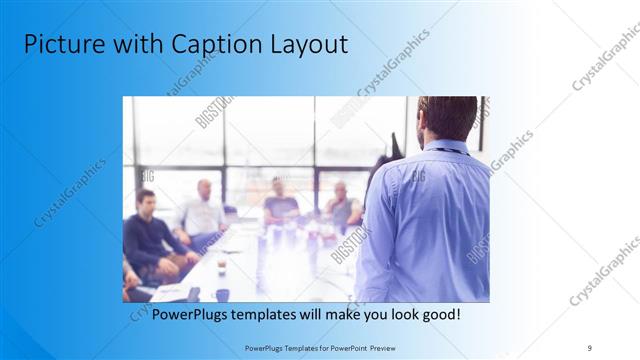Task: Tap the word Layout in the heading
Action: tap(310, 44)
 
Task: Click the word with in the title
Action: tap(138, 44)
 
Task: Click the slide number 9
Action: tap(589, 347)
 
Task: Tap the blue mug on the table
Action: tap(222, 294)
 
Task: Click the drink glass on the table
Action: tap(221, 267)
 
